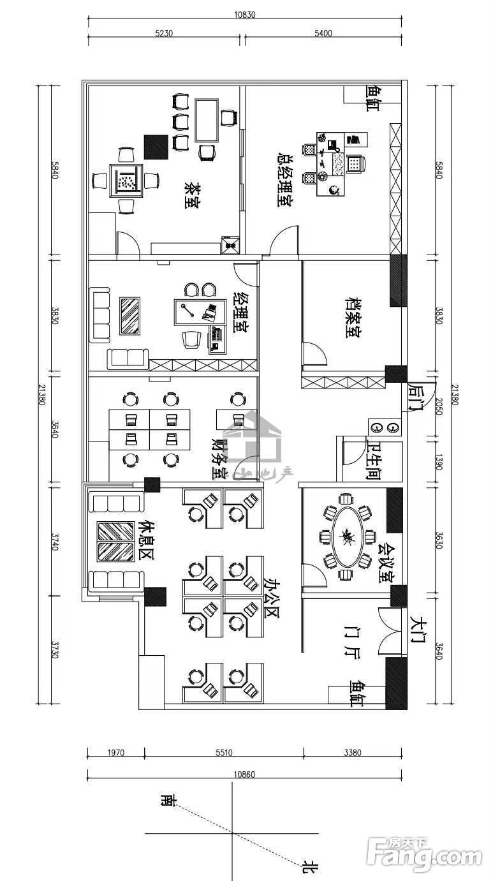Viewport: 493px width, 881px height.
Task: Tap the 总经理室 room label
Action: [284, 179]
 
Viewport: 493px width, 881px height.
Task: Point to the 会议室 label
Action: [386, 563]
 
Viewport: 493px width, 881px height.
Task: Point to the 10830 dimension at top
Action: [244, 15]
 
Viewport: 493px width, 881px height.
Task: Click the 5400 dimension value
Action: [323, 33]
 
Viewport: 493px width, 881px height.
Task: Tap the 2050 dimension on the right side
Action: [439, 406]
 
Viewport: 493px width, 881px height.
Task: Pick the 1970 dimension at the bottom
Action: [115, 753]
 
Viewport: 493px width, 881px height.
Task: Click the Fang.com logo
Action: [424, 853]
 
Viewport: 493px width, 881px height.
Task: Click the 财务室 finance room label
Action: [219, 458]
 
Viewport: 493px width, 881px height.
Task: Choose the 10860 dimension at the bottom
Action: [244, 774]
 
